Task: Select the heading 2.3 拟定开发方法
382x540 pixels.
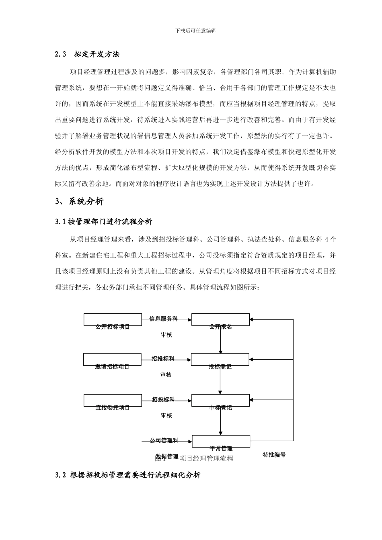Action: point(87,54)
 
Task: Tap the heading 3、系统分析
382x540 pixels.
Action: point(79,201)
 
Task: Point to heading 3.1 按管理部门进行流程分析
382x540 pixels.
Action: point(104,221)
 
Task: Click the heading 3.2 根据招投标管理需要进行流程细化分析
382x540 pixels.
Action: point(128,475)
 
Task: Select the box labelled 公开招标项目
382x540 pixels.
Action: point(113,320)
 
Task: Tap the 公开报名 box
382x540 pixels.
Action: point(220,320)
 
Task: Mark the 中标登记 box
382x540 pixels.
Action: point(220,401)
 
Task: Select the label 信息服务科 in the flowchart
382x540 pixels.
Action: point(164,319)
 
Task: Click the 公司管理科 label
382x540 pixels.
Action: point(164,441)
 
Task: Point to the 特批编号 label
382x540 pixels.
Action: point(274,455)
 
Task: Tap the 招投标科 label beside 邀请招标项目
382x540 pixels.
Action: point(163,359)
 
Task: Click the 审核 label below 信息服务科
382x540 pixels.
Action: point(166,334)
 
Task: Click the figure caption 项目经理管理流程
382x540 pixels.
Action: point(206,458)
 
